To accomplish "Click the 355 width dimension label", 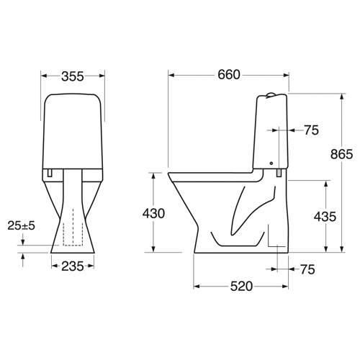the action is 73,76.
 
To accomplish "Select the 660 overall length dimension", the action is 229,75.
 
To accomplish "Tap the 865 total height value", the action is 341,154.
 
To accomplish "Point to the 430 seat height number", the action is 153,213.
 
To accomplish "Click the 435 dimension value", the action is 325,217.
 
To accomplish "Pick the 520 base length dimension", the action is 241,286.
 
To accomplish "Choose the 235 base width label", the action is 73,266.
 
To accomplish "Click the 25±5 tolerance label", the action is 21,225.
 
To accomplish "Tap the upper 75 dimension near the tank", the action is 312,130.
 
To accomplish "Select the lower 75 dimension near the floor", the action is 307,269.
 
